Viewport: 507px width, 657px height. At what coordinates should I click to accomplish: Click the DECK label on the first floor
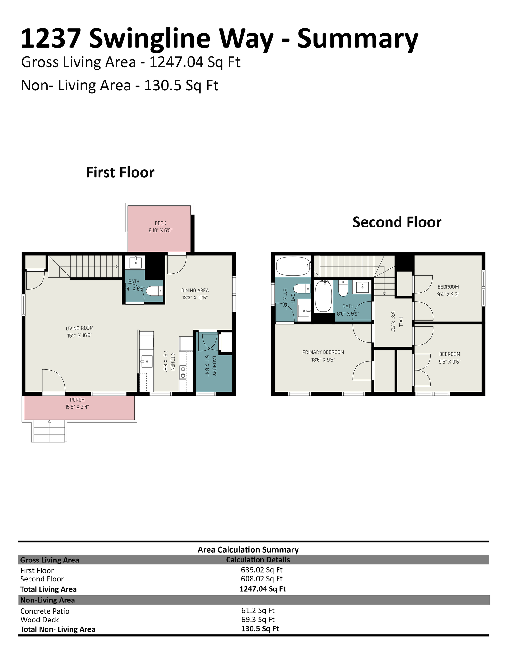[160, 223]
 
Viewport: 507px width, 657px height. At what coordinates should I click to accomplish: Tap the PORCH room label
[77, 400]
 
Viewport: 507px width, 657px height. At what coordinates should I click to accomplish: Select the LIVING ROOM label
[80, 328]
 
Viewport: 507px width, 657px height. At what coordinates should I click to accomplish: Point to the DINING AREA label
[195, 290]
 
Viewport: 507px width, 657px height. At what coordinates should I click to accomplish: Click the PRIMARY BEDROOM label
[323, 352]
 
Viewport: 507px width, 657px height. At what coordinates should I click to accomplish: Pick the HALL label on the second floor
[401, 322]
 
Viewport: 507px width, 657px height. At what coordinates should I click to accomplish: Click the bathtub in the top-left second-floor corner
[293, 266]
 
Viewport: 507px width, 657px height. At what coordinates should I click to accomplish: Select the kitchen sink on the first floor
[147, 361]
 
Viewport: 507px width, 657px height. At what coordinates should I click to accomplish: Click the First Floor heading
[120, 173]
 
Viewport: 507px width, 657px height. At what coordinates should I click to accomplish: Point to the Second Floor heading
[397, 222]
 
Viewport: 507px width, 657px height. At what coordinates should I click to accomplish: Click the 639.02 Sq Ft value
[262, 570]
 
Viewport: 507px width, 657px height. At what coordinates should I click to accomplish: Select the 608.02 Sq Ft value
[262, 579]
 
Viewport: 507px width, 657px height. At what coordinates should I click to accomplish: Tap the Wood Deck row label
[40, 620]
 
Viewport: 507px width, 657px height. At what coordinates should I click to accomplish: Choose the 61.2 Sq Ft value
[258, 610]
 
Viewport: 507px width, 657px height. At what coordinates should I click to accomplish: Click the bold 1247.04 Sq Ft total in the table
[263, 589]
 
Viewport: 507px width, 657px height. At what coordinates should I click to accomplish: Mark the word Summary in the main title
[358, 39]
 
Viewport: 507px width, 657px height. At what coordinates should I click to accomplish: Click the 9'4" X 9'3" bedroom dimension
[448, 294]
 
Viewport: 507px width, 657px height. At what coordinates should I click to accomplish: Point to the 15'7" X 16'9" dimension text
[80, 335]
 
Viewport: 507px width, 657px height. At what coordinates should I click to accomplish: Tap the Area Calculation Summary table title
[248, 549]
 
